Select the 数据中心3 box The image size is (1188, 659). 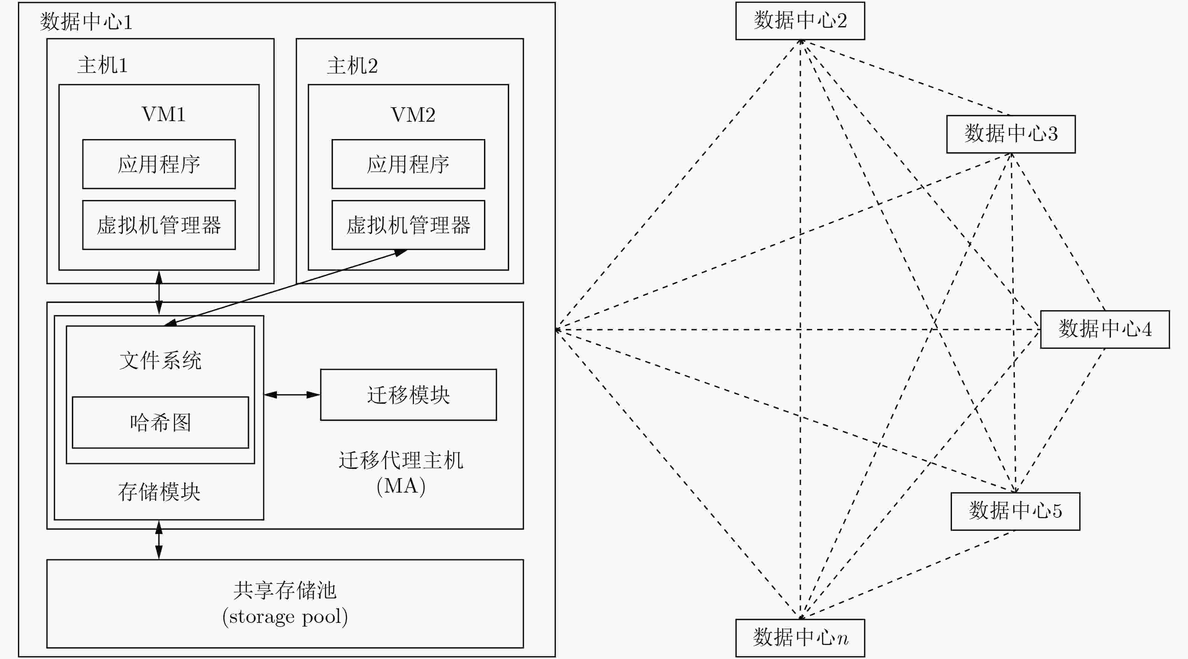click(x=1011, y=134)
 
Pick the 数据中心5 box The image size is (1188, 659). click(x=1015, y=511)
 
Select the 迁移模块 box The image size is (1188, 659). click(x=408, y=394)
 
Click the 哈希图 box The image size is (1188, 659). click(x=161, y=422)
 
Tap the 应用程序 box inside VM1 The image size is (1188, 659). click(x=159, y=164)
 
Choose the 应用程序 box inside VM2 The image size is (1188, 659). click(x=408, y=164)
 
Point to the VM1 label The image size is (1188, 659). click(x=164, y=114)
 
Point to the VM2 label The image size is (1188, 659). click(x=413, y=114)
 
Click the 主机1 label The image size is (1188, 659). click(x=102, y=65)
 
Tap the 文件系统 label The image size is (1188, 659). click(x=161, y=360)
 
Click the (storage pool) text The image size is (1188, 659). click(x=285, y=617)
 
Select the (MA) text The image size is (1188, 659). click(x=401, y=486)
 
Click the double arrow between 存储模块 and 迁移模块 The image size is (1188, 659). click(x=292, y=394)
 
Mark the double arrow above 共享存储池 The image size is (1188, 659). click(x=159, y=540)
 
